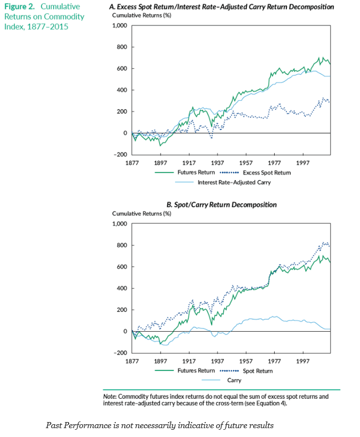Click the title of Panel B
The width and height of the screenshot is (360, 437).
tap(222, 205)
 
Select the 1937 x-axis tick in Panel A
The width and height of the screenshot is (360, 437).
tap(218, 163)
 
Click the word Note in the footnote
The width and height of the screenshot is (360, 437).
tap(109, 397)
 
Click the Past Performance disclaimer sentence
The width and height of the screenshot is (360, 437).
tap(160, 425)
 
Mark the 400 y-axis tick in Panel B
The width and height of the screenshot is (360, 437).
tap(122, 288)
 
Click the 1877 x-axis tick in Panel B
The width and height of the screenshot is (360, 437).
tap(132, 361)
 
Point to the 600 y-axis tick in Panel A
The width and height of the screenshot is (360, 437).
tap(122, 69)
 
